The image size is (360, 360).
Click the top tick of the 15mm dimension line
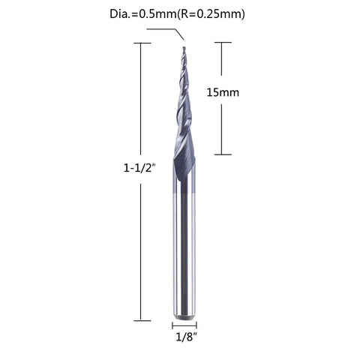(223, 43)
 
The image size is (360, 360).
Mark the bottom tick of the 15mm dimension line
(223, 154)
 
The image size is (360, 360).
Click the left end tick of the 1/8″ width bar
(173, 325)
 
